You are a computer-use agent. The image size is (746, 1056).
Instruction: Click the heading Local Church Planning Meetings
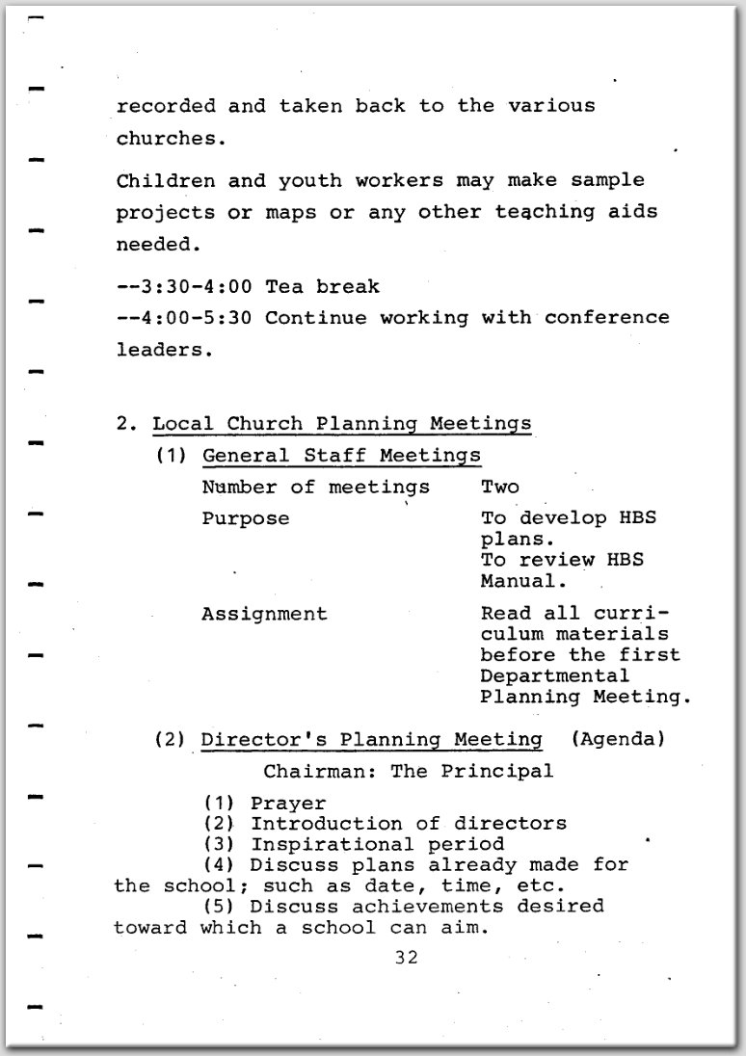point(342,423)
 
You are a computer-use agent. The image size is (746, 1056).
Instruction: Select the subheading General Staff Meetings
point(341,455)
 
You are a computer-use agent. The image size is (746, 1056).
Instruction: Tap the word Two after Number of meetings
point(499,487)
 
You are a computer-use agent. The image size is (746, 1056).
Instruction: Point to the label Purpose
point(245,518)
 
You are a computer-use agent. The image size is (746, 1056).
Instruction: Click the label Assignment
point(264,614)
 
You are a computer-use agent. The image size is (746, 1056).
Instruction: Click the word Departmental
point(554,675)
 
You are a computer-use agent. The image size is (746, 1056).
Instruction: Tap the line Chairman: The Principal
point(409,771)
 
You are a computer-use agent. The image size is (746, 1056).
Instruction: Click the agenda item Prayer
point(288,803)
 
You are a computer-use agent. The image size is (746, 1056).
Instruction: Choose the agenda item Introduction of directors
point(409,824)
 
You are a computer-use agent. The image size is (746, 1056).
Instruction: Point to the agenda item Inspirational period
point(377,845)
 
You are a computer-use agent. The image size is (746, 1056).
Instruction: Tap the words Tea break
point(323,286)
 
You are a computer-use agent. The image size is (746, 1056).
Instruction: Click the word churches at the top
point(165,138)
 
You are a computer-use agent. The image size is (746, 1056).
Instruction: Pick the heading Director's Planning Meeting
point(371,739)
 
